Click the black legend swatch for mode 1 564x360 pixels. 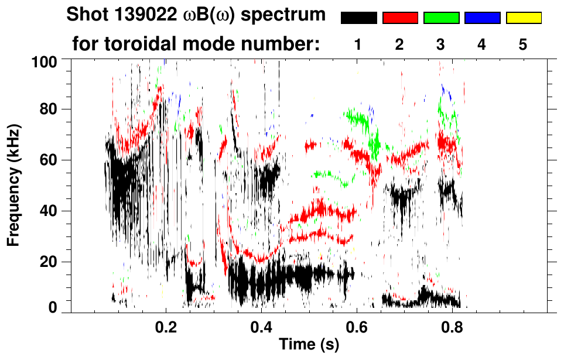[x=359, y=18]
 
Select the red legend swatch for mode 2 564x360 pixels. [x=400, y=18]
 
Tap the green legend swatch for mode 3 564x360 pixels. [x=441, y=18]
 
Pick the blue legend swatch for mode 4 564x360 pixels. [x=482, y=18]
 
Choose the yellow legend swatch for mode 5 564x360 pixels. [x=524, y=18]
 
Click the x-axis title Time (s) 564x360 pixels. [x=308, y=345]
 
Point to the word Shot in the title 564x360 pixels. [x=86, y=15]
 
